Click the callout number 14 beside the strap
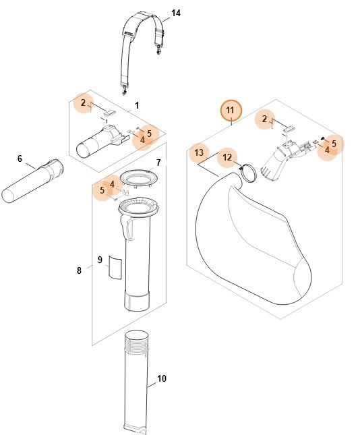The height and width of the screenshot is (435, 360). tap(176, 13)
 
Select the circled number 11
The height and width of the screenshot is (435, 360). tap(231, 110)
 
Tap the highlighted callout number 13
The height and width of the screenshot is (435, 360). tap(198, 153)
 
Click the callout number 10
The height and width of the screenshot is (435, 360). tap(161, 378)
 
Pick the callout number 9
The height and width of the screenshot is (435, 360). tap(100, 260)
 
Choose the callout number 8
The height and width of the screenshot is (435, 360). tap(80, 270)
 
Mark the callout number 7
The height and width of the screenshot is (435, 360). tap(158, 163)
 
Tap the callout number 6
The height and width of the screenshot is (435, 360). tap(20, 158)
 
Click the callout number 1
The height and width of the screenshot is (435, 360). tap(137, 106)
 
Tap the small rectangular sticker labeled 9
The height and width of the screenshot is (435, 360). tap(115, 268)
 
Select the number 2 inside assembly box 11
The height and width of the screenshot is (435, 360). tap(265, 119)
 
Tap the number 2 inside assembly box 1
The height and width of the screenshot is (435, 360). tap(83, 103)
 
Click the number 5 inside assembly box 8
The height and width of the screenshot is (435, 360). tap(102, 191)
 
